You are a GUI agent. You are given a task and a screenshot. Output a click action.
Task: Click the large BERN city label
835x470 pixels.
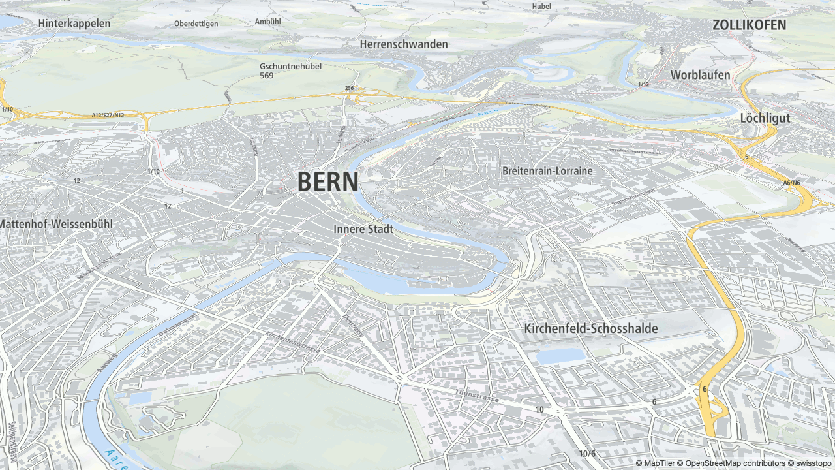[x=327, y=182]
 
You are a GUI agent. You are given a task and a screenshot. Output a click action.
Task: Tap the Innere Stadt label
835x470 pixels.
[x=363, y=229]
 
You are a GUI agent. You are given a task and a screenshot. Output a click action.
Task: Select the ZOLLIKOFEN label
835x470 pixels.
[x=749, y=25]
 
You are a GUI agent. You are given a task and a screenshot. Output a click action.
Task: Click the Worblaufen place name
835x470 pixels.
[x=700, y=74]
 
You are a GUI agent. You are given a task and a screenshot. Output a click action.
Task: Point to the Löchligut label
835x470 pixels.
[x=765, y=118]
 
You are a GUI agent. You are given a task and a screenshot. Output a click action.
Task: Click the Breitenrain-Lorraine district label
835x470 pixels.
[x=547, y=171]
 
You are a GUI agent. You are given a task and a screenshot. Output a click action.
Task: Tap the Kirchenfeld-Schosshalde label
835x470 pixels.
[x=590, y=328]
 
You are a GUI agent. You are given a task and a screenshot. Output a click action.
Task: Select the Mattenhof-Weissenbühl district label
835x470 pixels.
[x=56, y=224]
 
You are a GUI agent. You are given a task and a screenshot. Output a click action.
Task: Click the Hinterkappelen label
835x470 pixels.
[x=74, y=23]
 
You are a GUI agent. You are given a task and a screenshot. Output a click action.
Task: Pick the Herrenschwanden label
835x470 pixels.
[x=404, y=44]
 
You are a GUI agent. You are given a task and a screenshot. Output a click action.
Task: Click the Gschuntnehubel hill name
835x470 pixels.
[x=290, y=66]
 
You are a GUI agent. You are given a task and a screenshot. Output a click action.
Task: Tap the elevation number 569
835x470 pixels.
[x=266, y=76]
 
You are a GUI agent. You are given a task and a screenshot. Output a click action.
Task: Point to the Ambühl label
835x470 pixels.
[x=267, y=21]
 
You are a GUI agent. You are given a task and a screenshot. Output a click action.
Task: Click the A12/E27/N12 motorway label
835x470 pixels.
[x=108, y=116]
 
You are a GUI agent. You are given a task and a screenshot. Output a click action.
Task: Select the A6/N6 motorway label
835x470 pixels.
[x=791, y=183]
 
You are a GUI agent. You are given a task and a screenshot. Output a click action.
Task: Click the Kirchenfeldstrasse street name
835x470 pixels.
[x=294, y=342]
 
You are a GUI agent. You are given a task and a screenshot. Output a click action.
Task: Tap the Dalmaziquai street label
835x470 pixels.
[x=177, y=324]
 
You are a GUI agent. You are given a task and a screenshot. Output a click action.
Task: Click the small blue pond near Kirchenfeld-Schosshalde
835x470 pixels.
[x=560, y=356]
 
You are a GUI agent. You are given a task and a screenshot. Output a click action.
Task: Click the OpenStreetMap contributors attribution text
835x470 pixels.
[x=731, y=463]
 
